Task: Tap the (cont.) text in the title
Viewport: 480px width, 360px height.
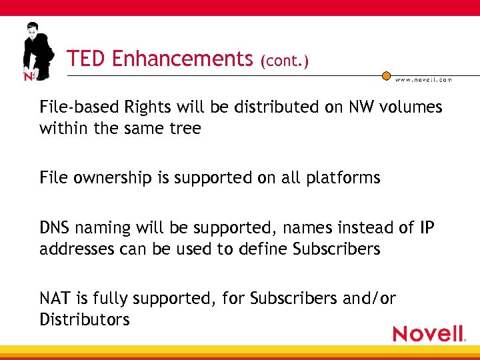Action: pos(285,61)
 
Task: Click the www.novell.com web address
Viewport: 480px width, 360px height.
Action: pos(424,79)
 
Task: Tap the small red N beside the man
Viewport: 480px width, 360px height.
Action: pos(28,77)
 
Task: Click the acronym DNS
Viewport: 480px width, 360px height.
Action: pos(55,228)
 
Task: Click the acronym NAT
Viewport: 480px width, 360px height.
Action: pos(54,299)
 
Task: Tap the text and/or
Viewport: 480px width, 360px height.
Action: pos(369,299)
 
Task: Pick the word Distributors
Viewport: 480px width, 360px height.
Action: pos(85,319)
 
